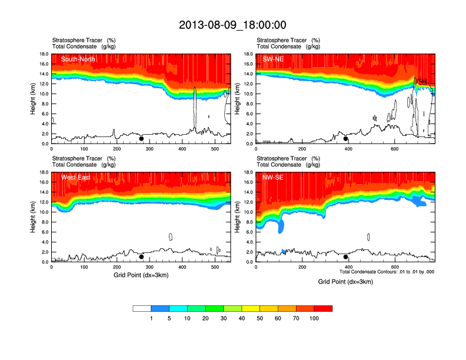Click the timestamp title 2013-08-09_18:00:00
click(x=232, y=25)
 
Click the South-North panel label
click(x=78, y=59)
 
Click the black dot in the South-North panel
click(x=141, y=139)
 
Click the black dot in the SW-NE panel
click(x=346, y=139)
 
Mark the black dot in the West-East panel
click(x=141, y=257)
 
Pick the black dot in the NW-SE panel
click(x=346, y=257)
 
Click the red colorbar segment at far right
click(x=323, y=308)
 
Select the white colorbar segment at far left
click(x=142, y=308)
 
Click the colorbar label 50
click(x=260, y=318)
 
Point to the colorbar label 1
click(x=151, y=318)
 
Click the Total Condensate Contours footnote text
click(x=387, y=272)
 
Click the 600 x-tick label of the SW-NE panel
click(x=394, y=149)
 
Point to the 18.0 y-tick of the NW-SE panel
click(x=248, y=172)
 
